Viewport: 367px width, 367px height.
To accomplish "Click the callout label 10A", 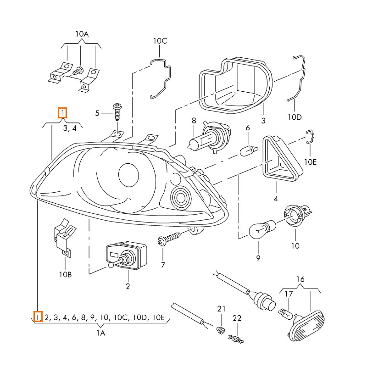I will point(82,34).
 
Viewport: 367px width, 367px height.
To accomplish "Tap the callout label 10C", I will point(160,41).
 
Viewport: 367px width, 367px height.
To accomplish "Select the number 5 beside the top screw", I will point(97,113).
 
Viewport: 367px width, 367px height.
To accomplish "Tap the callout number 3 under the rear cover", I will point(263,121).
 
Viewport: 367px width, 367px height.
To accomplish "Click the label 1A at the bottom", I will point(101,334).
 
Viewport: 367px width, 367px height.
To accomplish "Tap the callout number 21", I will point(222,308).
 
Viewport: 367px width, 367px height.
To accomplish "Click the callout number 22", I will point(237,317).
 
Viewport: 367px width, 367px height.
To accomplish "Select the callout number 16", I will point(300,279).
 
